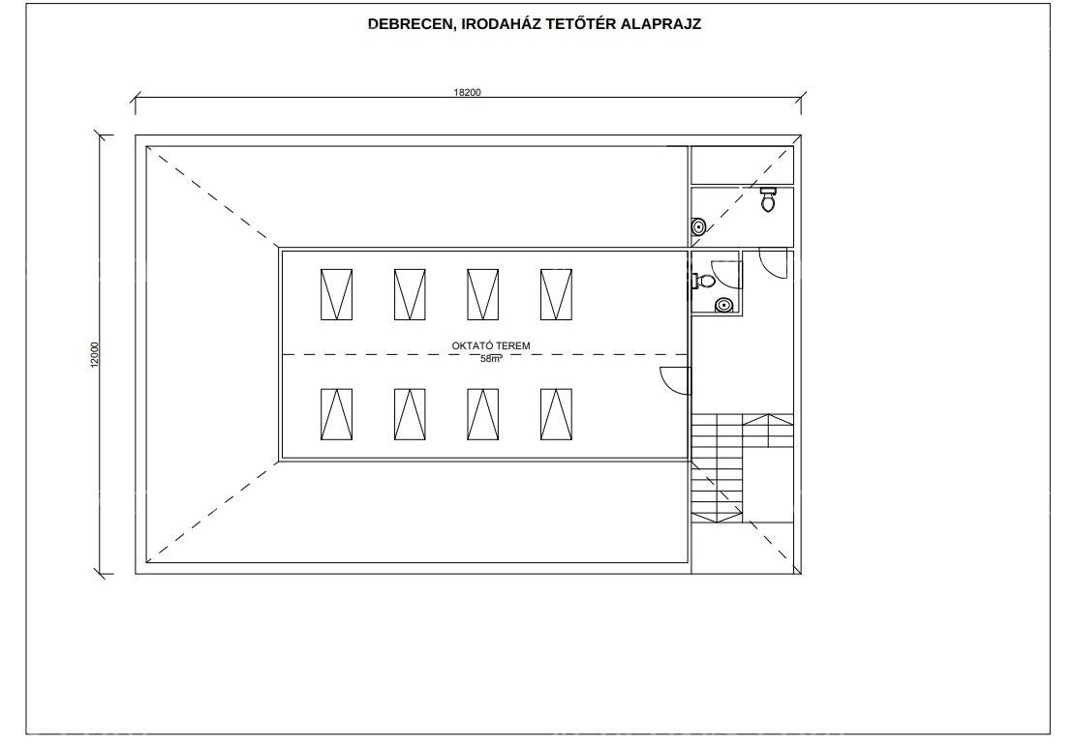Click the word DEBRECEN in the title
click(410, 24)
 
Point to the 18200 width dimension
click(467, 93)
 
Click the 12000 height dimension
click(95, 355)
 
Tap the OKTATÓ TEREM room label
click(491, 345)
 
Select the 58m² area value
click(491, 358)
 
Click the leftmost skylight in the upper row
click(337, 294)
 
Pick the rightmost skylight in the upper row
click(556, 294)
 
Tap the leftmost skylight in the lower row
click(337, 414)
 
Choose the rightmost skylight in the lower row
click(556, 414)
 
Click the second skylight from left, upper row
click(410, 294)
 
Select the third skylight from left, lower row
click(482, 414)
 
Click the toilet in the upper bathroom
click(769, 199)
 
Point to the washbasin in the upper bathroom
click(698, 226)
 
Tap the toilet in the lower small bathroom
click(704, 280)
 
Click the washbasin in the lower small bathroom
click(723, 306)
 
